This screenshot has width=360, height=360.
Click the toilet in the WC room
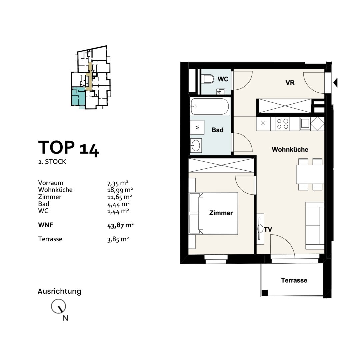[x=208, y=79]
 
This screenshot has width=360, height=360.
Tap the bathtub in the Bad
[x=210, y=106]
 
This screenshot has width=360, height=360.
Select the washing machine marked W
[x=197, y=127]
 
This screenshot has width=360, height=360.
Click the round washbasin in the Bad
[x=196, y=145]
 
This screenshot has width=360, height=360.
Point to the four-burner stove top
[x=282, y=124]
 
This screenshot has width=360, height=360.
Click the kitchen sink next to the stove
[x=305, y=124]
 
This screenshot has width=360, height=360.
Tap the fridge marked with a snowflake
[x=263, y=124]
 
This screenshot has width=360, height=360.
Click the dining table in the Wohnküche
[x=310, y=174]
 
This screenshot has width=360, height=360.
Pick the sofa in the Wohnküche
[x=315, y=226]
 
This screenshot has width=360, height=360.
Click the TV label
[x=268, y=229]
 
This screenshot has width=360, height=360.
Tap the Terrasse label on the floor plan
[x=294, y=280]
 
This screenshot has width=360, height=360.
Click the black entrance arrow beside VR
[x=335, y=82]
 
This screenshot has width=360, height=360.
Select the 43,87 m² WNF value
[x=120, y=225]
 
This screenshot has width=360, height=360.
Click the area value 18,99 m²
[x=120, y=190]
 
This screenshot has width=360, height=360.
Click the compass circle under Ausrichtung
[x=58, y=306]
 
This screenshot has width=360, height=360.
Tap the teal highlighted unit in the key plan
[x=78, y=96]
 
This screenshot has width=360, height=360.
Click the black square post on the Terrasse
[x=265, y=293]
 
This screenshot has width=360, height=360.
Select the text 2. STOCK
[x=52, y=162]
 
